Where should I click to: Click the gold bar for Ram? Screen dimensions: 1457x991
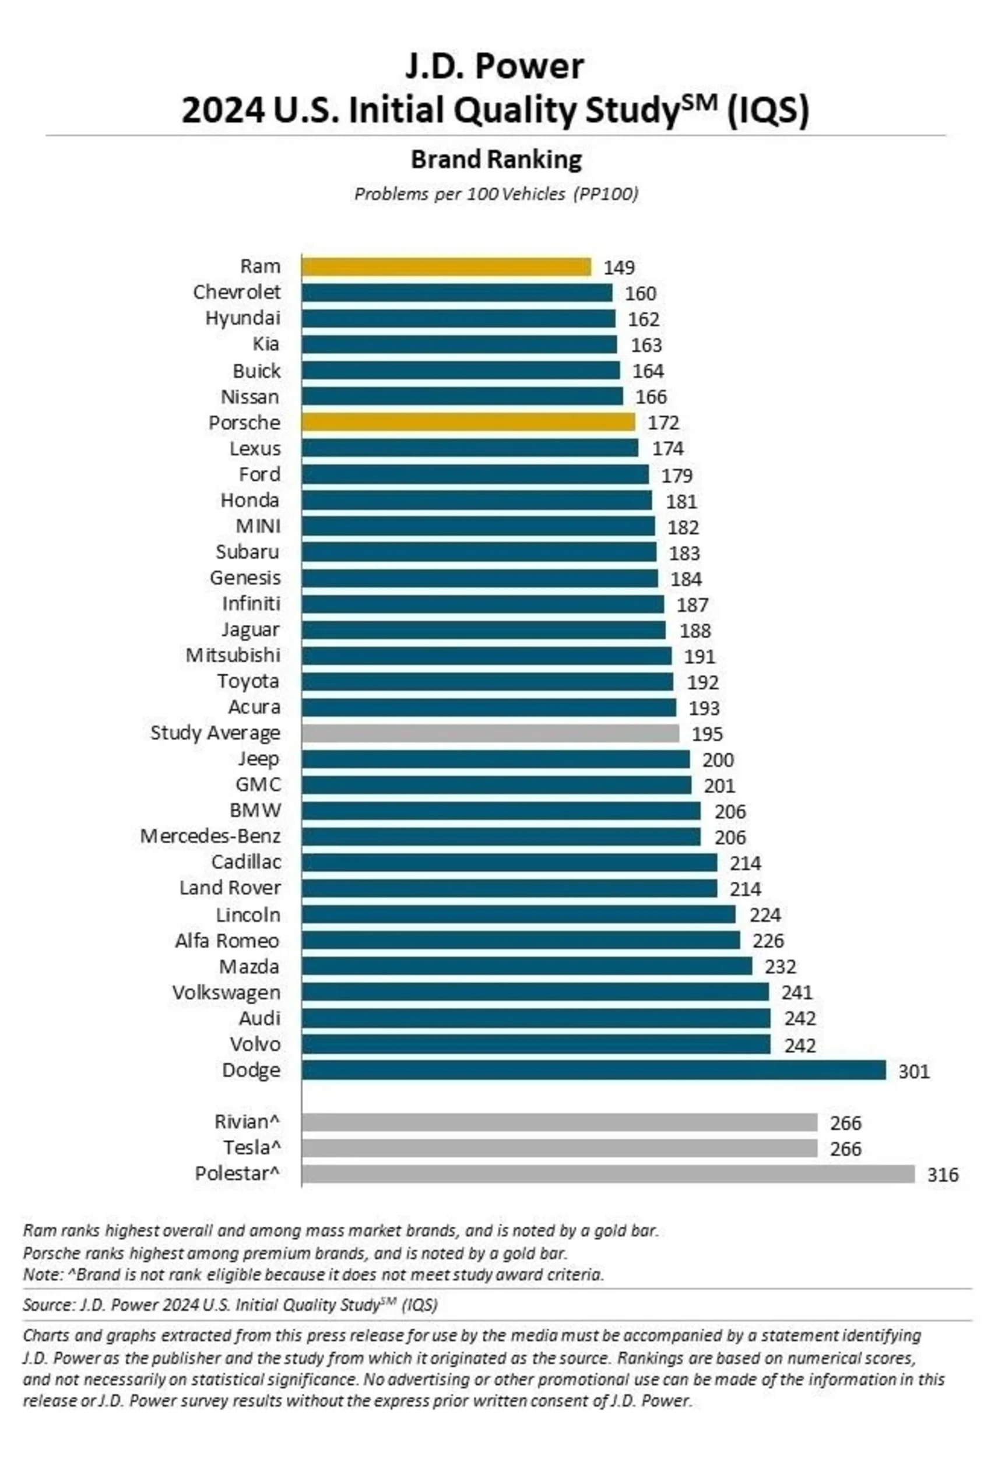[446, 267]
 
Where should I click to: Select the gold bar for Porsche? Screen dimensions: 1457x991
[468, 422]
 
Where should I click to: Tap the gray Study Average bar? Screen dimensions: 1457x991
[490, 733]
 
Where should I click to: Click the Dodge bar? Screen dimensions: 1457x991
[593, 1070]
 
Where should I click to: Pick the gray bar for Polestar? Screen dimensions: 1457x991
[608, 1174]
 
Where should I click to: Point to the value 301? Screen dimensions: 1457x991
[914, 1071]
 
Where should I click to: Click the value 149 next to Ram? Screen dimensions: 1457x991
[619, 268]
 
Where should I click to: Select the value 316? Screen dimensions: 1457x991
[943, 1175]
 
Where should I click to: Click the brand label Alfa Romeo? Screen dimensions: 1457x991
[227, 941]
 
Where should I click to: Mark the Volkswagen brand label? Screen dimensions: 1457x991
[226, 993]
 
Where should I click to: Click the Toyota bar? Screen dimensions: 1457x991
[487, 681]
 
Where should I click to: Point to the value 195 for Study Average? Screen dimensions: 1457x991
[707, 734]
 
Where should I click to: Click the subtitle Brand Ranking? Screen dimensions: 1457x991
[496, 160]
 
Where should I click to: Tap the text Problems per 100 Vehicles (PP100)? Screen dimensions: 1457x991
[496, 194]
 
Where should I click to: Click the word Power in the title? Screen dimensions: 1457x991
[539, 66]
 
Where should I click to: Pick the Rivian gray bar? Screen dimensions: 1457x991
[559, 1122]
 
